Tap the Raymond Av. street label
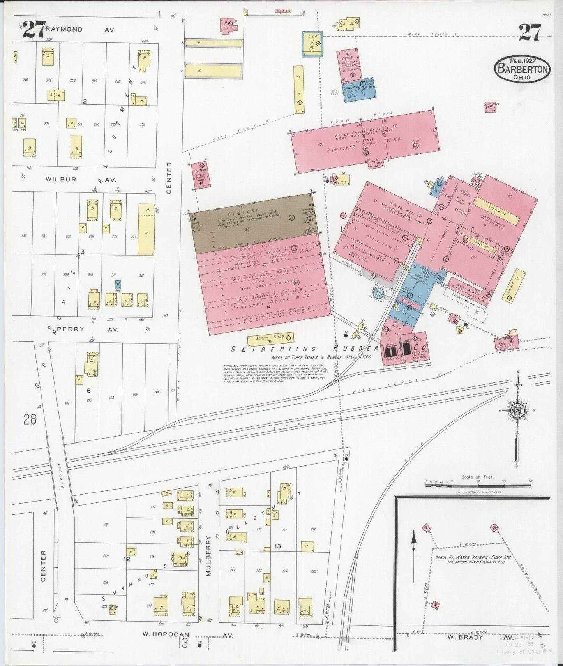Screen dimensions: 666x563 [x=80, y=29]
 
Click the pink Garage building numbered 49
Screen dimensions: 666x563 [x=349, y=64]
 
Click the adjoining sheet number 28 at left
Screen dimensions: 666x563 [x=30, y=419]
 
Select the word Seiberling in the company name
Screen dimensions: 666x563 [x=265, y=349]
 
